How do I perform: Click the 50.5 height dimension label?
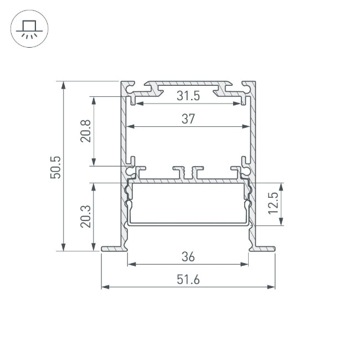coord(55,167)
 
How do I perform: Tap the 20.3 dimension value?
coord(85,216)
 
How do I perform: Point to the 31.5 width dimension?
coord(188,96)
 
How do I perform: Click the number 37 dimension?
coord(188,119)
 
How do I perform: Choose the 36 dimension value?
coord(188,256)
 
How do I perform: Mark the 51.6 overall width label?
coord(188,280)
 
